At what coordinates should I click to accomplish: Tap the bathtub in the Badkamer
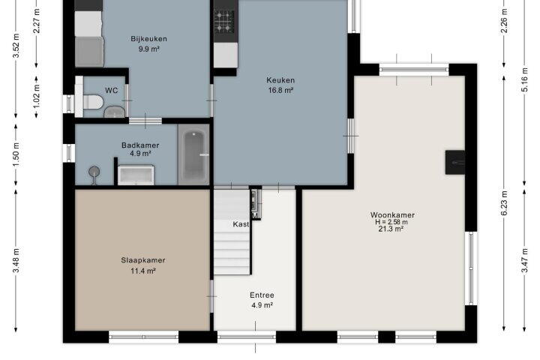pos(194,154)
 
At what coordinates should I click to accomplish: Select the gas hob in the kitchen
pos(223,21)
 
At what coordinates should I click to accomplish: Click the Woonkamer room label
pos(392,214)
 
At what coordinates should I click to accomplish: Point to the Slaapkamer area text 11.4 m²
pos(143,271)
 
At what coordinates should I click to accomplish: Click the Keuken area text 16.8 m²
pos(280,90)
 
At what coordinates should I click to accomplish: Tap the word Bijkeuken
pos(148,38)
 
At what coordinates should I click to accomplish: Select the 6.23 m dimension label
pos(504,203)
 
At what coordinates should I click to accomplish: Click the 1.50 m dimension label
pos(16,154)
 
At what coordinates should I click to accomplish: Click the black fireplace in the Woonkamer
pos(455,162)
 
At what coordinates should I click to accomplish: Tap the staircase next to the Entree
pos(232,232)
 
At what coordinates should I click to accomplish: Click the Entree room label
pos(262,295)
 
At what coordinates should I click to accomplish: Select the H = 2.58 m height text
pos(391,222)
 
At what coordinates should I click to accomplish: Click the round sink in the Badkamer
pos(94,171)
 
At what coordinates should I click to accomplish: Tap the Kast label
pos(241,224)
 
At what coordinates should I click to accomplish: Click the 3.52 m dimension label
pos(16,45)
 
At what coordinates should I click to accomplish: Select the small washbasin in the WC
pos(114,112)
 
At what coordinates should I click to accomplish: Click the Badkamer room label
pos(140,145)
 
